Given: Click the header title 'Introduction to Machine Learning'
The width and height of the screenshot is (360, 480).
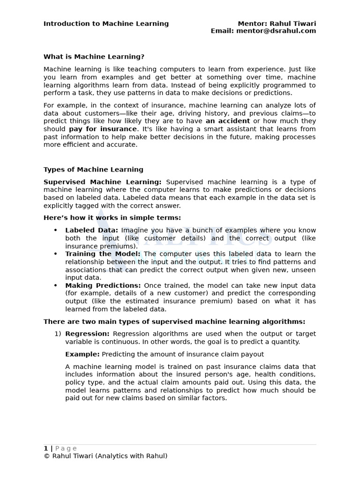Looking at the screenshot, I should (106, 24).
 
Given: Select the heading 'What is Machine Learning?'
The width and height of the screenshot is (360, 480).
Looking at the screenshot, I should (94, 57).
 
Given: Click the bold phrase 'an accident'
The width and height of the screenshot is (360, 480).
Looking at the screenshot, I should (227, 121).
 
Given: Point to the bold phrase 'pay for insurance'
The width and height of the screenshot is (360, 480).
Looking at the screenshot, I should (103, 129).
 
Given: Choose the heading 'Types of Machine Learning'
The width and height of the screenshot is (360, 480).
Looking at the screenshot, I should (93, 170).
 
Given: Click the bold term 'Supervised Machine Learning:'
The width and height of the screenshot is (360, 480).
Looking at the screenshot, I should (102, 182).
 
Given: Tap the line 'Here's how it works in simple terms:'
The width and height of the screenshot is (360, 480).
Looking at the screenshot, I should (112, 217).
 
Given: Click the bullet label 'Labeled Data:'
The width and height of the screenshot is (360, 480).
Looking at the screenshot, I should (91, 230).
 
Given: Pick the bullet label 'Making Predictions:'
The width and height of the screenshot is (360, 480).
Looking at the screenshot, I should (103, 285).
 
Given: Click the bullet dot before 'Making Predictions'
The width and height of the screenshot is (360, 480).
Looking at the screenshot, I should (55, 285).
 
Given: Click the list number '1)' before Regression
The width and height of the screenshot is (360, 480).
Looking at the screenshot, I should (58, 334).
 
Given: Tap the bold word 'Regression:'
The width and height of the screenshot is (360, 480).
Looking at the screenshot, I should (87, 334).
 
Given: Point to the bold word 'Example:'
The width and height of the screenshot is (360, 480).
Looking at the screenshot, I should (82, 354).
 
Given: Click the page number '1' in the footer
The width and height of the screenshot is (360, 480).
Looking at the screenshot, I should (46, 449).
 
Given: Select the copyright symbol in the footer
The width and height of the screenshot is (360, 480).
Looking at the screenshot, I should (46, 456).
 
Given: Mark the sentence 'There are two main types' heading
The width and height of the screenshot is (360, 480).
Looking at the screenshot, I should (174, 322).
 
